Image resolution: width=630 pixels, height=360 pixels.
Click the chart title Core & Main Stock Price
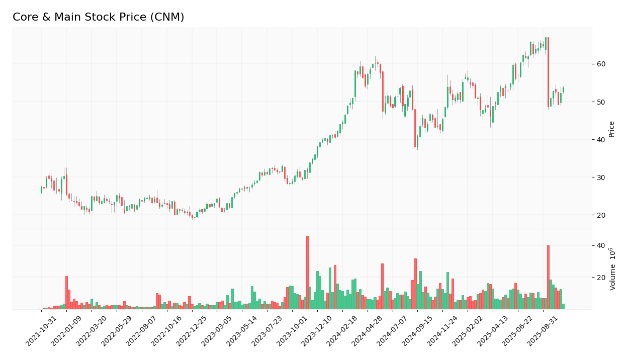98,17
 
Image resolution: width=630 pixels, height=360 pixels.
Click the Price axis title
611,129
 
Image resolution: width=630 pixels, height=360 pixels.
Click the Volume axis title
612,269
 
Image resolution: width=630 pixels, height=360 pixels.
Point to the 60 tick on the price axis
601,64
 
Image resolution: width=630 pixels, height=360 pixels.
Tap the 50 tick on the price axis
601,102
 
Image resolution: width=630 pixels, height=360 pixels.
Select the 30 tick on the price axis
601,177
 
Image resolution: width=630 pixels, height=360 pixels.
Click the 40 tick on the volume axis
601,245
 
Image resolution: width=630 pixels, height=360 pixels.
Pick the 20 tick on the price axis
601,215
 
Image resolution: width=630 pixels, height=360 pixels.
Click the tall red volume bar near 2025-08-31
548,277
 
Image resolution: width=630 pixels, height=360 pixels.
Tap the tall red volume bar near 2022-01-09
66,293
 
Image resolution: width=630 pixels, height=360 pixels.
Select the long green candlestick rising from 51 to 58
355,83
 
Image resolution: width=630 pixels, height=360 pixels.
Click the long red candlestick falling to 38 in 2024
415,128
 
